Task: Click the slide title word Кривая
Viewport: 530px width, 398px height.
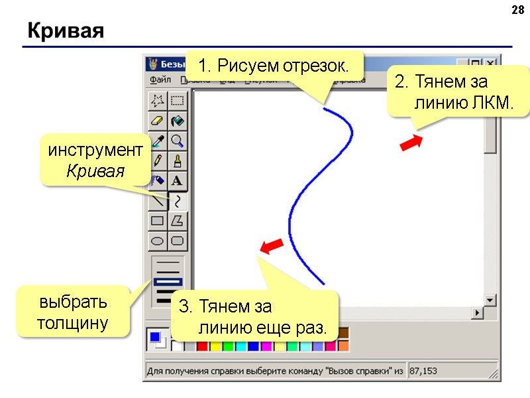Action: point(66,31)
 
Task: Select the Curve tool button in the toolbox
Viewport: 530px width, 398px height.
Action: point(178,200)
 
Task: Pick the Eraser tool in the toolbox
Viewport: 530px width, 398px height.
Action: point(158,121)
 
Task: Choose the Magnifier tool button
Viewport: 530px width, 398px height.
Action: point(178,141)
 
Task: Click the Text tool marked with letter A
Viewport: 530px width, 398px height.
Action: point(178,180)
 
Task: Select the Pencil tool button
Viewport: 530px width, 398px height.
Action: point(158,161)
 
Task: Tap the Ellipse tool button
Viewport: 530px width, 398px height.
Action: point(158,240)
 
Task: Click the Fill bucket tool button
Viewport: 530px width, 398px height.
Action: point(178,121)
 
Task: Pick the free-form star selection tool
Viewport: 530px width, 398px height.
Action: point(158,101)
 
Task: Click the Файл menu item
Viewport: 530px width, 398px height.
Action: point(160,80)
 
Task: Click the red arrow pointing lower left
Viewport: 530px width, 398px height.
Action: point(272,247)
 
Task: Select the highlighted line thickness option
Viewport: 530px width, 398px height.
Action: point(168,282)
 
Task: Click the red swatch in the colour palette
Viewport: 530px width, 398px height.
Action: point(203,346)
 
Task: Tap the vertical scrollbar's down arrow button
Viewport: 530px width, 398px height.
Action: point(490,300)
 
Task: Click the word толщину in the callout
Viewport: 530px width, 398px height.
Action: point(73,324)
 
